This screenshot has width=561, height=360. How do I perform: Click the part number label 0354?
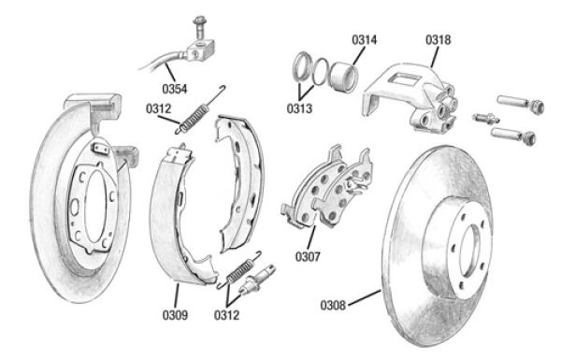click(x=175, y=89)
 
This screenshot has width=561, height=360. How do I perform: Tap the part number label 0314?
click(x=365, y=39)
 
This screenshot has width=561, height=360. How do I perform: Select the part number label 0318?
click(x=438, y=39)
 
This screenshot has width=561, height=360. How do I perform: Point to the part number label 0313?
click(x=299, y=108)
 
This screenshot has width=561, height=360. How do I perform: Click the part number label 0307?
click(x=308, y=256)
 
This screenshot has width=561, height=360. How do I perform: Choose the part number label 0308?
click(x=333, y=305)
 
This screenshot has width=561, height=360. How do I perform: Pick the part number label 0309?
click(x=175, y=315)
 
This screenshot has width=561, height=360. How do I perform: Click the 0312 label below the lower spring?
click(x=226, y=315)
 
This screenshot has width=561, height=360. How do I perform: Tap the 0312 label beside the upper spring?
click(x=159, y=108)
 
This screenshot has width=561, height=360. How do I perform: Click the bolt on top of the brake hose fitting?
click(x=198, y=27)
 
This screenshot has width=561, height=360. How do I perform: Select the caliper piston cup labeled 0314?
click(x=343, y=77)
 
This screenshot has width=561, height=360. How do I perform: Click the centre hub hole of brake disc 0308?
click(x=469, y=250)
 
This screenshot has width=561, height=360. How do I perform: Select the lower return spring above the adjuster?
click(x=239, y=270)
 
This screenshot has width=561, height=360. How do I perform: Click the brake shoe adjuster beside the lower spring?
click(x=257, y=280)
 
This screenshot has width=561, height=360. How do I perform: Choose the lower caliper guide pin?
click(x=513, y=135)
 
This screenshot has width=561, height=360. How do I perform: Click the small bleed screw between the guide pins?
click(x=485, y=118)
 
